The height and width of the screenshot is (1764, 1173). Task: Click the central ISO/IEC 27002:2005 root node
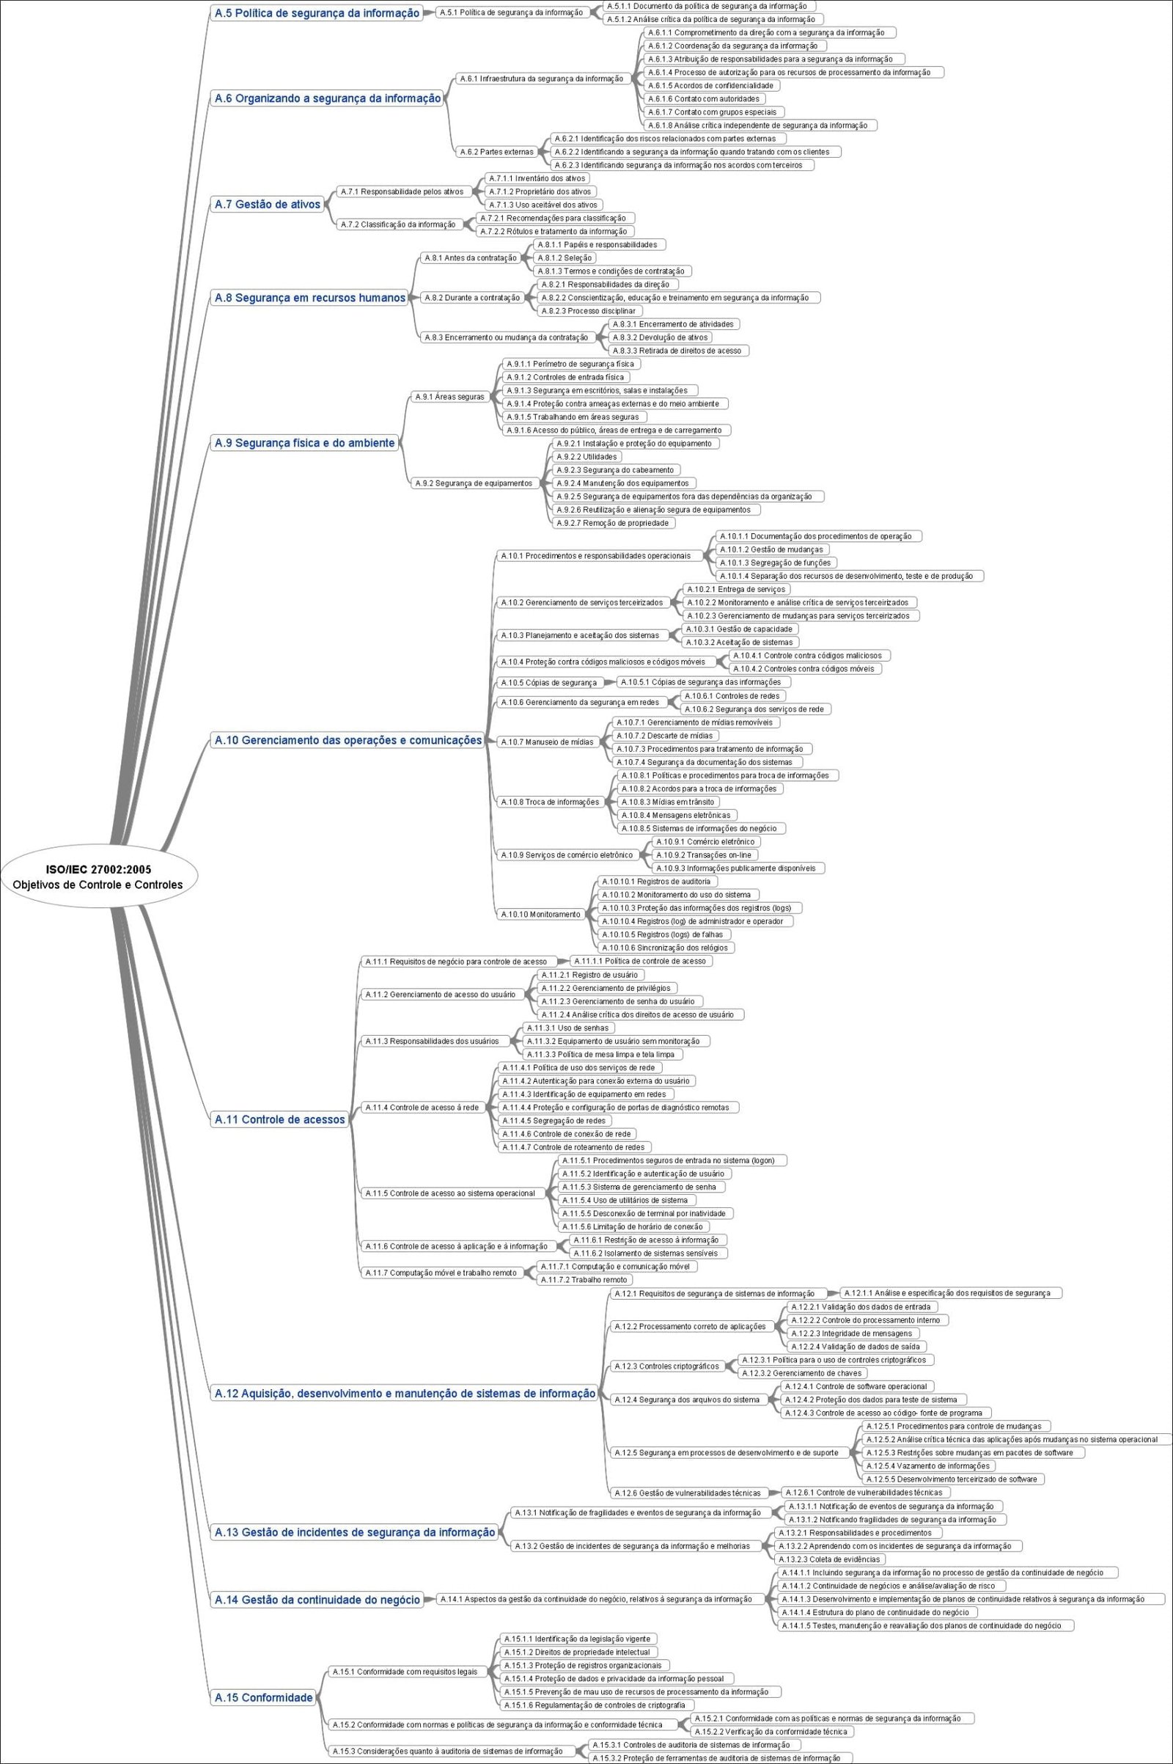pyautogui.click(x=98, y=876)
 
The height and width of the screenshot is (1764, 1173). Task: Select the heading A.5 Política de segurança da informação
pyautogui.click(x=317, y=12)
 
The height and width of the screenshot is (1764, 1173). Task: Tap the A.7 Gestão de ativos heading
pyautogui.click(x=267, y=205)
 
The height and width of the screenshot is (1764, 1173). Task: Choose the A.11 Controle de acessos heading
pyautogui.click(x=280, y=1119)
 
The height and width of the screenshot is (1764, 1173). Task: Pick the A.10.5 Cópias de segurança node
pyautogui.click(x=549, y=683)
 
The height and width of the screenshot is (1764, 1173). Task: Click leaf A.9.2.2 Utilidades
pyautogui.click(x=586, y=456)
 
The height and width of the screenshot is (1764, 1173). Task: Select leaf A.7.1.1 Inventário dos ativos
pyautogui.click(x=537, y=178)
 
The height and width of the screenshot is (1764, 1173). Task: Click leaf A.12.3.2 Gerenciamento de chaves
pyautogui.click(x=801, y=1372)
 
